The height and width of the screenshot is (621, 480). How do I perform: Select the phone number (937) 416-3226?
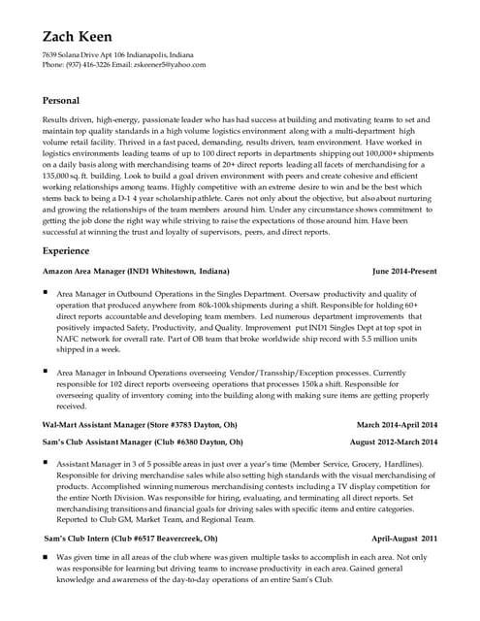tap(90, 65)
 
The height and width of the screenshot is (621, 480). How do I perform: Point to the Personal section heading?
tap(62, 101)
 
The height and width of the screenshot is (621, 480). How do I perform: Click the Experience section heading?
tap(69, 250)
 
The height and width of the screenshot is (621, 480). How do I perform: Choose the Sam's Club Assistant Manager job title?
tap(107, 441)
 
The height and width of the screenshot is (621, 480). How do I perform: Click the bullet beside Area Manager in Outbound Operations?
tap(46, 291)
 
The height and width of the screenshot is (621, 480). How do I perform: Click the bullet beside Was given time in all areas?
tap(46, 558)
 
